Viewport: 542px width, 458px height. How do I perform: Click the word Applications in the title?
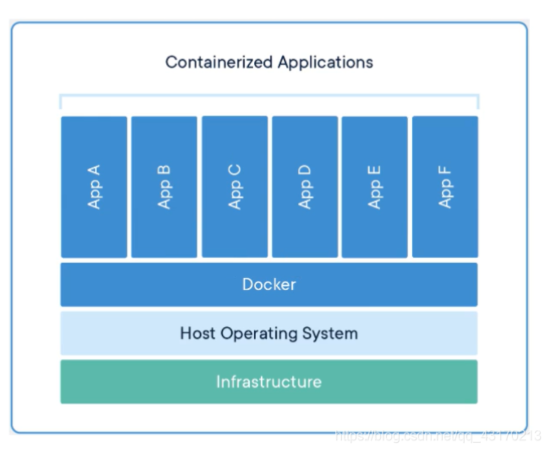[325, 62]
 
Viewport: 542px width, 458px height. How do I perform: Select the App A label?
[94, 186]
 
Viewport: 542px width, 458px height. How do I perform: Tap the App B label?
[164, 186]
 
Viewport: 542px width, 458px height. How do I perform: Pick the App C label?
[235, 186]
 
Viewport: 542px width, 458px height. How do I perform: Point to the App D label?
[305, 186]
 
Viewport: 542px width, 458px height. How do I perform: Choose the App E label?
[374, 186]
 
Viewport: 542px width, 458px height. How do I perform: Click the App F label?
[445, 186]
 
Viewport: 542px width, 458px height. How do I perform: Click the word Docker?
[269, 284]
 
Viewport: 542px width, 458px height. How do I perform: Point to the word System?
[331, 334]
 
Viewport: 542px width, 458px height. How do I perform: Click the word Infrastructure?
[269, 382]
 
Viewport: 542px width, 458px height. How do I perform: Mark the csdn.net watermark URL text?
[438, 435]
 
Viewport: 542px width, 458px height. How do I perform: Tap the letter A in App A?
[94, 169]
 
